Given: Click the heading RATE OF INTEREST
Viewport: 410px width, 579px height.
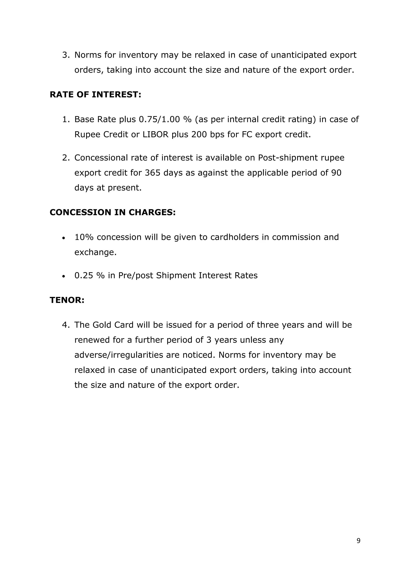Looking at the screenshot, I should coord(95,95).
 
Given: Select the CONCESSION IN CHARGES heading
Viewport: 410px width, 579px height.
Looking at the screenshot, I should coord(113,212).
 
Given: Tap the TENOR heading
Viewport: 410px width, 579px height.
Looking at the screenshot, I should coord(67,300).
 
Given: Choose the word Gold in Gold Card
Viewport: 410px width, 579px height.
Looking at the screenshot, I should coord(102,325).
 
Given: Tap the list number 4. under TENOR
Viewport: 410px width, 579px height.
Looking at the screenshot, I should coord(65,325).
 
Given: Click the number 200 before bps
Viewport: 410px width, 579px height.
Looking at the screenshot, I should coord(199,134).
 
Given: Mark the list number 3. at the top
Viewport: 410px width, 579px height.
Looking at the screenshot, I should coord(65,55).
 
